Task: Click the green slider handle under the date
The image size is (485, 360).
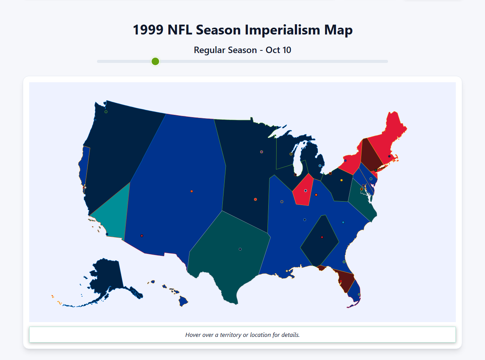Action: (x=155, y=61)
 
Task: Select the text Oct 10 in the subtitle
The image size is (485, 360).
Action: (x=278, y=50)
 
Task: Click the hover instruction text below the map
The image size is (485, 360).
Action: (x=242, y=335)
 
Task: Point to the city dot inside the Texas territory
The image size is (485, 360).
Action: (x=240, y=249)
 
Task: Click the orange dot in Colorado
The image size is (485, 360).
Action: (x=192, y=191)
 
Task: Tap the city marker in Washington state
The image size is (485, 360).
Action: (x=106, y=112)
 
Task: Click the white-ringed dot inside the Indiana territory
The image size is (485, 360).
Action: (x=305, y=191)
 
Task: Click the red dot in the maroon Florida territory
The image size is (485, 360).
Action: (x=341, y=281)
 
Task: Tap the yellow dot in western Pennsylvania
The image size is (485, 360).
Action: (x=341, y=180)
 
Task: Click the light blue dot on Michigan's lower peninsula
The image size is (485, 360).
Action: (x=320, y=166)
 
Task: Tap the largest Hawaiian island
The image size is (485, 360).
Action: (x=183, y=302)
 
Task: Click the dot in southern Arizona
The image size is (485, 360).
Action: (x=142, y=236)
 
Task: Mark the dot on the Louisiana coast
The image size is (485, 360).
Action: (x=287, y=271)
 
